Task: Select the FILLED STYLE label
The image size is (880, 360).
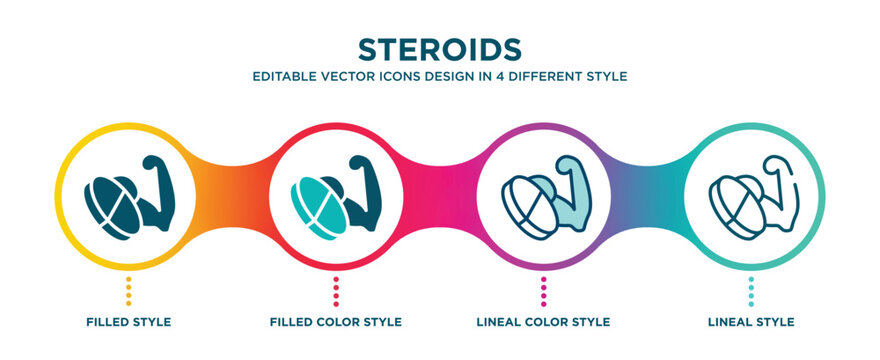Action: pyautogui.click(x=128, y=322)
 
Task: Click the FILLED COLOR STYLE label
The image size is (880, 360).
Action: pyautogui.click(x=336, y=322)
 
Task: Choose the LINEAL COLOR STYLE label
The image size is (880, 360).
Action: pyautogui.click(x=543, y=322)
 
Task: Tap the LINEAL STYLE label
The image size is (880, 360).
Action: pyautogui.click(x=751, y=322)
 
